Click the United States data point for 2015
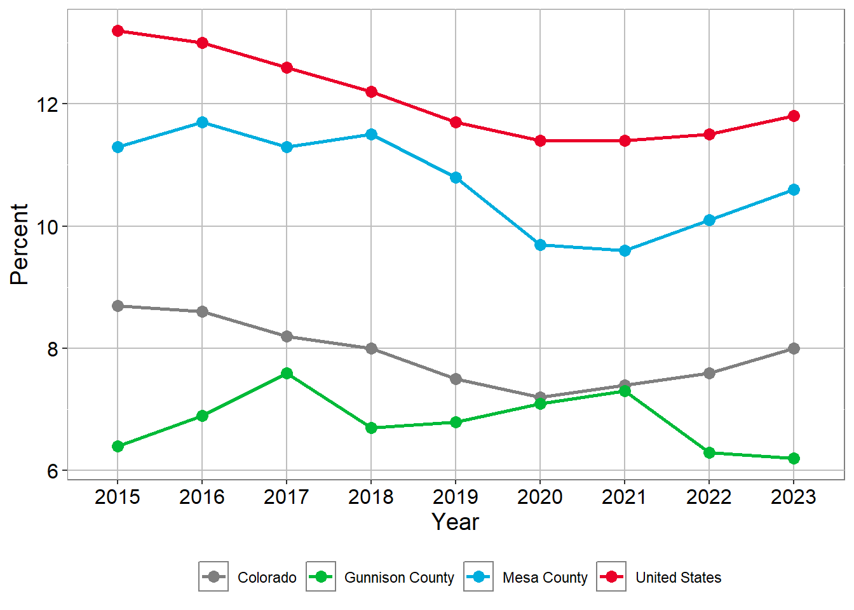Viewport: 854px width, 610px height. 118,30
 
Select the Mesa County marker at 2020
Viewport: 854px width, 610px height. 540,245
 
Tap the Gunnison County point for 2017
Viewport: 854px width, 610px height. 287,373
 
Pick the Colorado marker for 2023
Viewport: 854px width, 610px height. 794,348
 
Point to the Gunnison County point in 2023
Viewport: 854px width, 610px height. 794,458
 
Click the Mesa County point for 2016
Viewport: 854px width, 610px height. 202,122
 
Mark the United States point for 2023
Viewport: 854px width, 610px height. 794,116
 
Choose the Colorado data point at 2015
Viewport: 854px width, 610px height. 118,306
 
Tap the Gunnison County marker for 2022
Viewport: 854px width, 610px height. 709,452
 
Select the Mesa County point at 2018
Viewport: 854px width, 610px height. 371,134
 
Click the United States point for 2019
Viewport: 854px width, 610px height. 456,122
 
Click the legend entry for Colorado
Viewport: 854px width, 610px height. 266,578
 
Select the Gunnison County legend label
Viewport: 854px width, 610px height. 399,578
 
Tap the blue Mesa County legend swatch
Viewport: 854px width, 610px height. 478,577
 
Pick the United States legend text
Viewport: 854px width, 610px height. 678,578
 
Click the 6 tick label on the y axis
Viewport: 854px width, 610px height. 53,471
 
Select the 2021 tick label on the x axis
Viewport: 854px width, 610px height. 624,497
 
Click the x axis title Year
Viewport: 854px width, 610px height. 455,522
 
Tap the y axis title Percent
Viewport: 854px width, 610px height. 20,244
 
